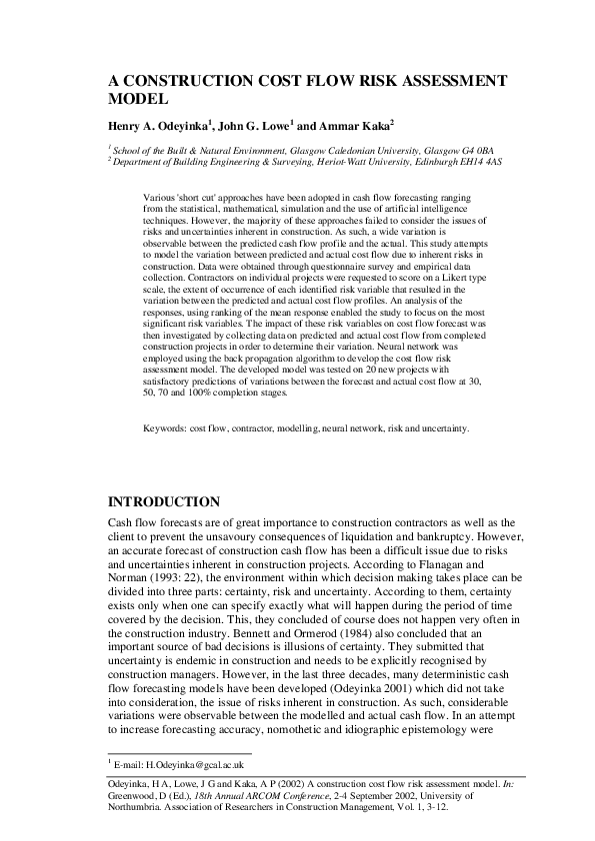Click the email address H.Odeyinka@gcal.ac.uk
coord(178,762)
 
